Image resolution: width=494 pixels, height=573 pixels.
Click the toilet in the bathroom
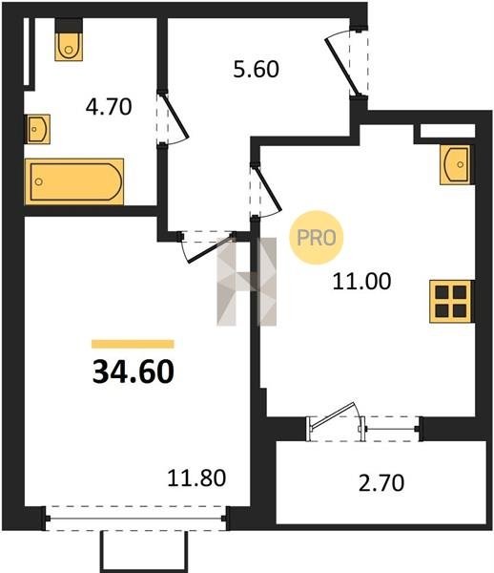pyautogui.click(x=69, y=40)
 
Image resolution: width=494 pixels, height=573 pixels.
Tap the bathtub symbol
pyautogui.click(x=74, y=181)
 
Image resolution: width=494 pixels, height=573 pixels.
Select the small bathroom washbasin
pyautogui.click(x=37, y=129)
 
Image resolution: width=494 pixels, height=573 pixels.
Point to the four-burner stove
pyautogui.click(x=452, y=302)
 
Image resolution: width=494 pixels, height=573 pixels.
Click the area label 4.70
pyautogui.click(x=109, y=107)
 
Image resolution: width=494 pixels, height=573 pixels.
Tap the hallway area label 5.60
pyautogui.click(x=257, y=69)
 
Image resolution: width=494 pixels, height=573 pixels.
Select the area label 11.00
pyautogui.click(x=361, y=282)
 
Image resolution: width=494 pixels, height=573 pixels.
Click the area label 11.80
pyautogui.click(x=196, y=478)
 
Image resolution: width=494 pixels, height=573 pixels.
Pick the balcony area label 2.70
pyautogui.click(x=381, y=482)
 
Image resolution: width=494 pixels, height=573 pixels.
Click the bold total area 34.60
pyautogui.click(x=134, y=371)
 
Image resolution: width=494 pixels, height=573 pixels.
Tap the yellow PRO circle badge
pyautogui.click(x=317, y=238)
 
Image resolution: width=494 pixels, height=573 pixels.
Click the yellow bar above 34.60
pyautogui.click(x=133, y=344)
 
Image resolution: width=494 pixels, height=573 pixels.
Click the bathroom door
pyautogui.click(x=173, y=117)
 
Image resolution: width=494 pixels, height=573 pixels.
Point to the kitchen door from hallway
pyautogui.click(x=266, y=191)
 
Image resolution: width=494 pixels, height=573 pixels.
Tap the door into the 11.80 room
pyautogui.click(x=207, y=246)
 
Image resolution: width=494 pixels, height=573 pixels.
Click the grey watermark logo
pyautogui.click(x=247, y=282)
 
